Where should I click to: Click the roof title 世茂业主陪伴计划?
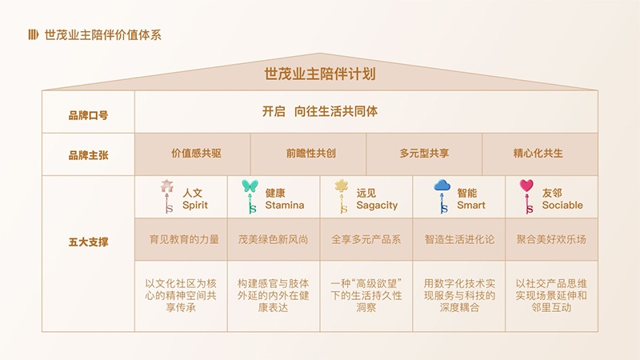pyautogui.click(x=320, y=74)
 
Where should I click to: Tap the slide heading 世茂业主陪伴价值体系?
pyautogui.click(x=103, y=34)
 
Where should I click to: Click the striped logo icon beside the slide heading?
pyautogui.click(x=33, y=34)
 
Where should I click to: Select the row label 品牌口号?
pyautogui.click(x=88, y=115)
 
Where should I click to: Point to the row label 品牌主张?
pyautogui.click(x=88, y=155)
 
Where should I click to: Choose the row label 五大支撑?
pyautogui.click(x=88, y=242)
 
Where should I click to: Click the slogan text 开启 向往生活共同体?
pyautogui.click(x=320, y=111)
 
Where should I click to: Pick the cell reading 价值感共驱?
pyautogui.click(x=196, y=153)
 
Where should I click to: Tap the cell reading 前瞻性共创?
pyautogui.click(x=311, y=153)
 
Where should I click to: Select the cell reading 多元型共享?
pyautogui.click(x=425, y=153)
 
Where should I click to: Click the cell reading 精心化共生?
pyautogui.click(x=538, y=153)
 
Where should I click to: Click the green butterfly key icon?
pyautogui.click(x=250, y=196)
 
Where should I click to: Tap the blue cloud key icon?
pyautogui.click(x=442, y=196)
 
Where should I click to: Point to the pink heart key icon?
pyautogui.click(x=527, y=196)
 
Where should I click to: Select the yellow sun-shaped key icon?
pyautogui.click(x=342, y=196)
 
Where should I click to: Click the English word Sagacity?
pyautogui.click(x=377, y=206)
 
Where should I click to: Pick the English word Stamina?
pyautogui.click(x=285, y=205)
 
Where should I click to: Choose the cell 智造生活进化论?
pyautogui.click(x=459, y=239)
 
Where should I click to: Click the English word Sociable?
pyautogui.click(x=562, y=205)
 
